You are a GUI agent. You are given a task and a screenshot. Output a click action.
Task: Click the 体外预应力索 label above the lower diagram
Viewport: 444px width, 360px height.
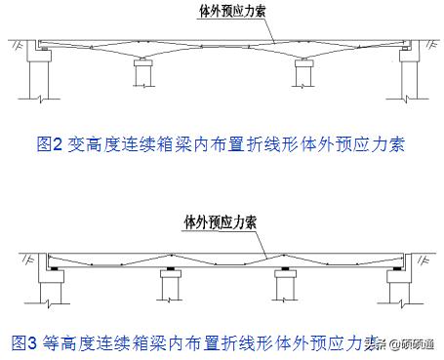pos(221,221)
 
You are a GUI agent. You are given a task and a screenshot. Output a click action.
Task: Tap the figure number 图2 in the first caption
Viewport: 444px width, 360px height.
pos(49,143)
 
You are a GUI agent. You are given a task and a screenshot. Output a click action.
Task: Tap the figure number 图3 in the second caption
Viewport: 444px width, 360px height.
pos(25,342)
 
